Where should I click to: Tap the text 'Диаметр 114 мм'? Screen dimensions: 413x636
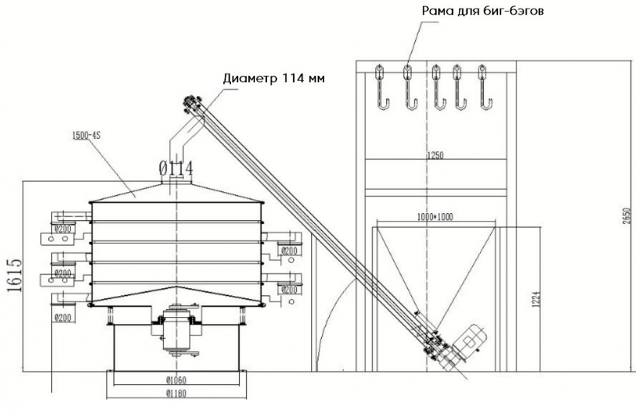[274, 79]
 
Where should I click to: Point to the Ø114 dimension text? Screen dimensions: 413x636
[175, 167]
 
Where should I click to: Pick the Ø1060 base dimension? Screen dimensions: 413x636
[177, 379]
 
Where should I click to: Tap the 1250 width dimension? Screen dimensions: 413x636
[434, 156]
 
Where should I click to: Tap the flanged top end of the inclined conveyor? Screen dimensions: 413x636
[189, 102]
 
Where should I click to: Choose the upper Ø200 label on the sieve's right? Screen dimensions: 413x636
[289, 250]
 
